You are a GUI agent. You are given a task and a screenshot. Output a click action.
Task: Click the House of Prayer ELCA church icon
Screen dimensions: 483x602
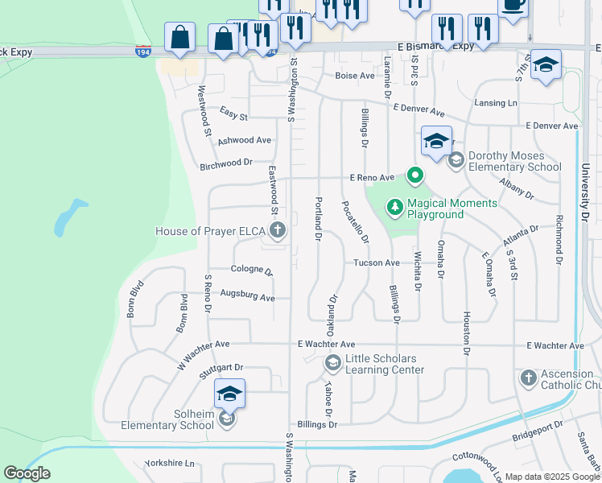(277, 232)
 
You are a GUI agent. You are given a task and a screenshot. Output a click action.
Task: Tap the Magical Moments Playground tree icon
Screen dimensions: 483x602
(395, 208)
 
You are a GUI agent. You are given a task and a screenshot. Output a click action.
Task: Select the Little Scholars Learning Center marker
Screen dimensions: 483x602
(332, 364)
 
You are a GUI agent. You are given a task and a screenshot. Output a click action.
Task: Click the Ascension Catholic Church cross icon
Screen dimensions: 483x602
(528, 378)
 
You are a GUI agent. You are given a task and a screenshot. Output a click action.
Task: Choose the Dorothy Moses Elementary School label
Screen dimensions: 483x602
(514, 161)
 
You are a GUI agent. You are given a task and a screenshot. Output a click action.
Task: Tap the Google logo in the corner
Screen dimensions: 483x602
(27, 473)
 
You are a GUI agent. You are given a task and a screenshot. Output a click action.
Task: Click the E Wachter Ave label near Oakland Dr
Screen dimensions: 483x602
(326, 345)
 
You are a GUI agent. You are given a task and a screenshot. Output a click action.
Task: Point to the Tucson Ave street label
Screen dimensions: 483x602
(377, 263)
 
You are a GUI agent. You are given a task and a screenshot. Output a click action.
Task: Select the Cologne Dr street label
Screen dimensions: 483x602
(252, 271)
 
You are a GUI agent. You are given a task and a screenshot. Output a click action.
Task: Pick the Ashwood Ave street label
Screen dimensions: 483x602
(244, 140)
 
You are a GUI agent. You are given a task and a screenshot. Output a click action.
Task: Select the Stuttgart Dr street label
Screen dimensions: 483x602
(221, 367)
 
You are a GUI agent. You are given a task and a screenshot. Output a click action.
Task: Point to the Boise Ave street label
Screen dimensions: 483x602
(355, 76)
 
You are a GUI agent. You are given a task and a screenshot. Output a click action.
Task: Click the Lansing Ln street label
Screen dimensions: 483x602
(495, 103)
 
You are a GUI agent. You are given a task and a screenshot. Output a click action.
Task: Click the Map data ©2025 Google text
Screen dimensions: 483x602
(551, 477)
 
